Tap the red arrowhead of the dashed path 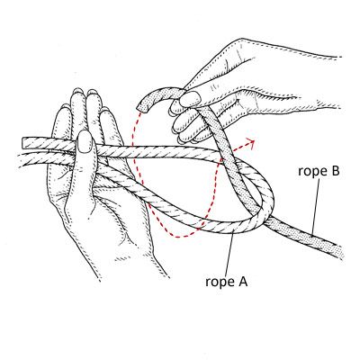point(253,140)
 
